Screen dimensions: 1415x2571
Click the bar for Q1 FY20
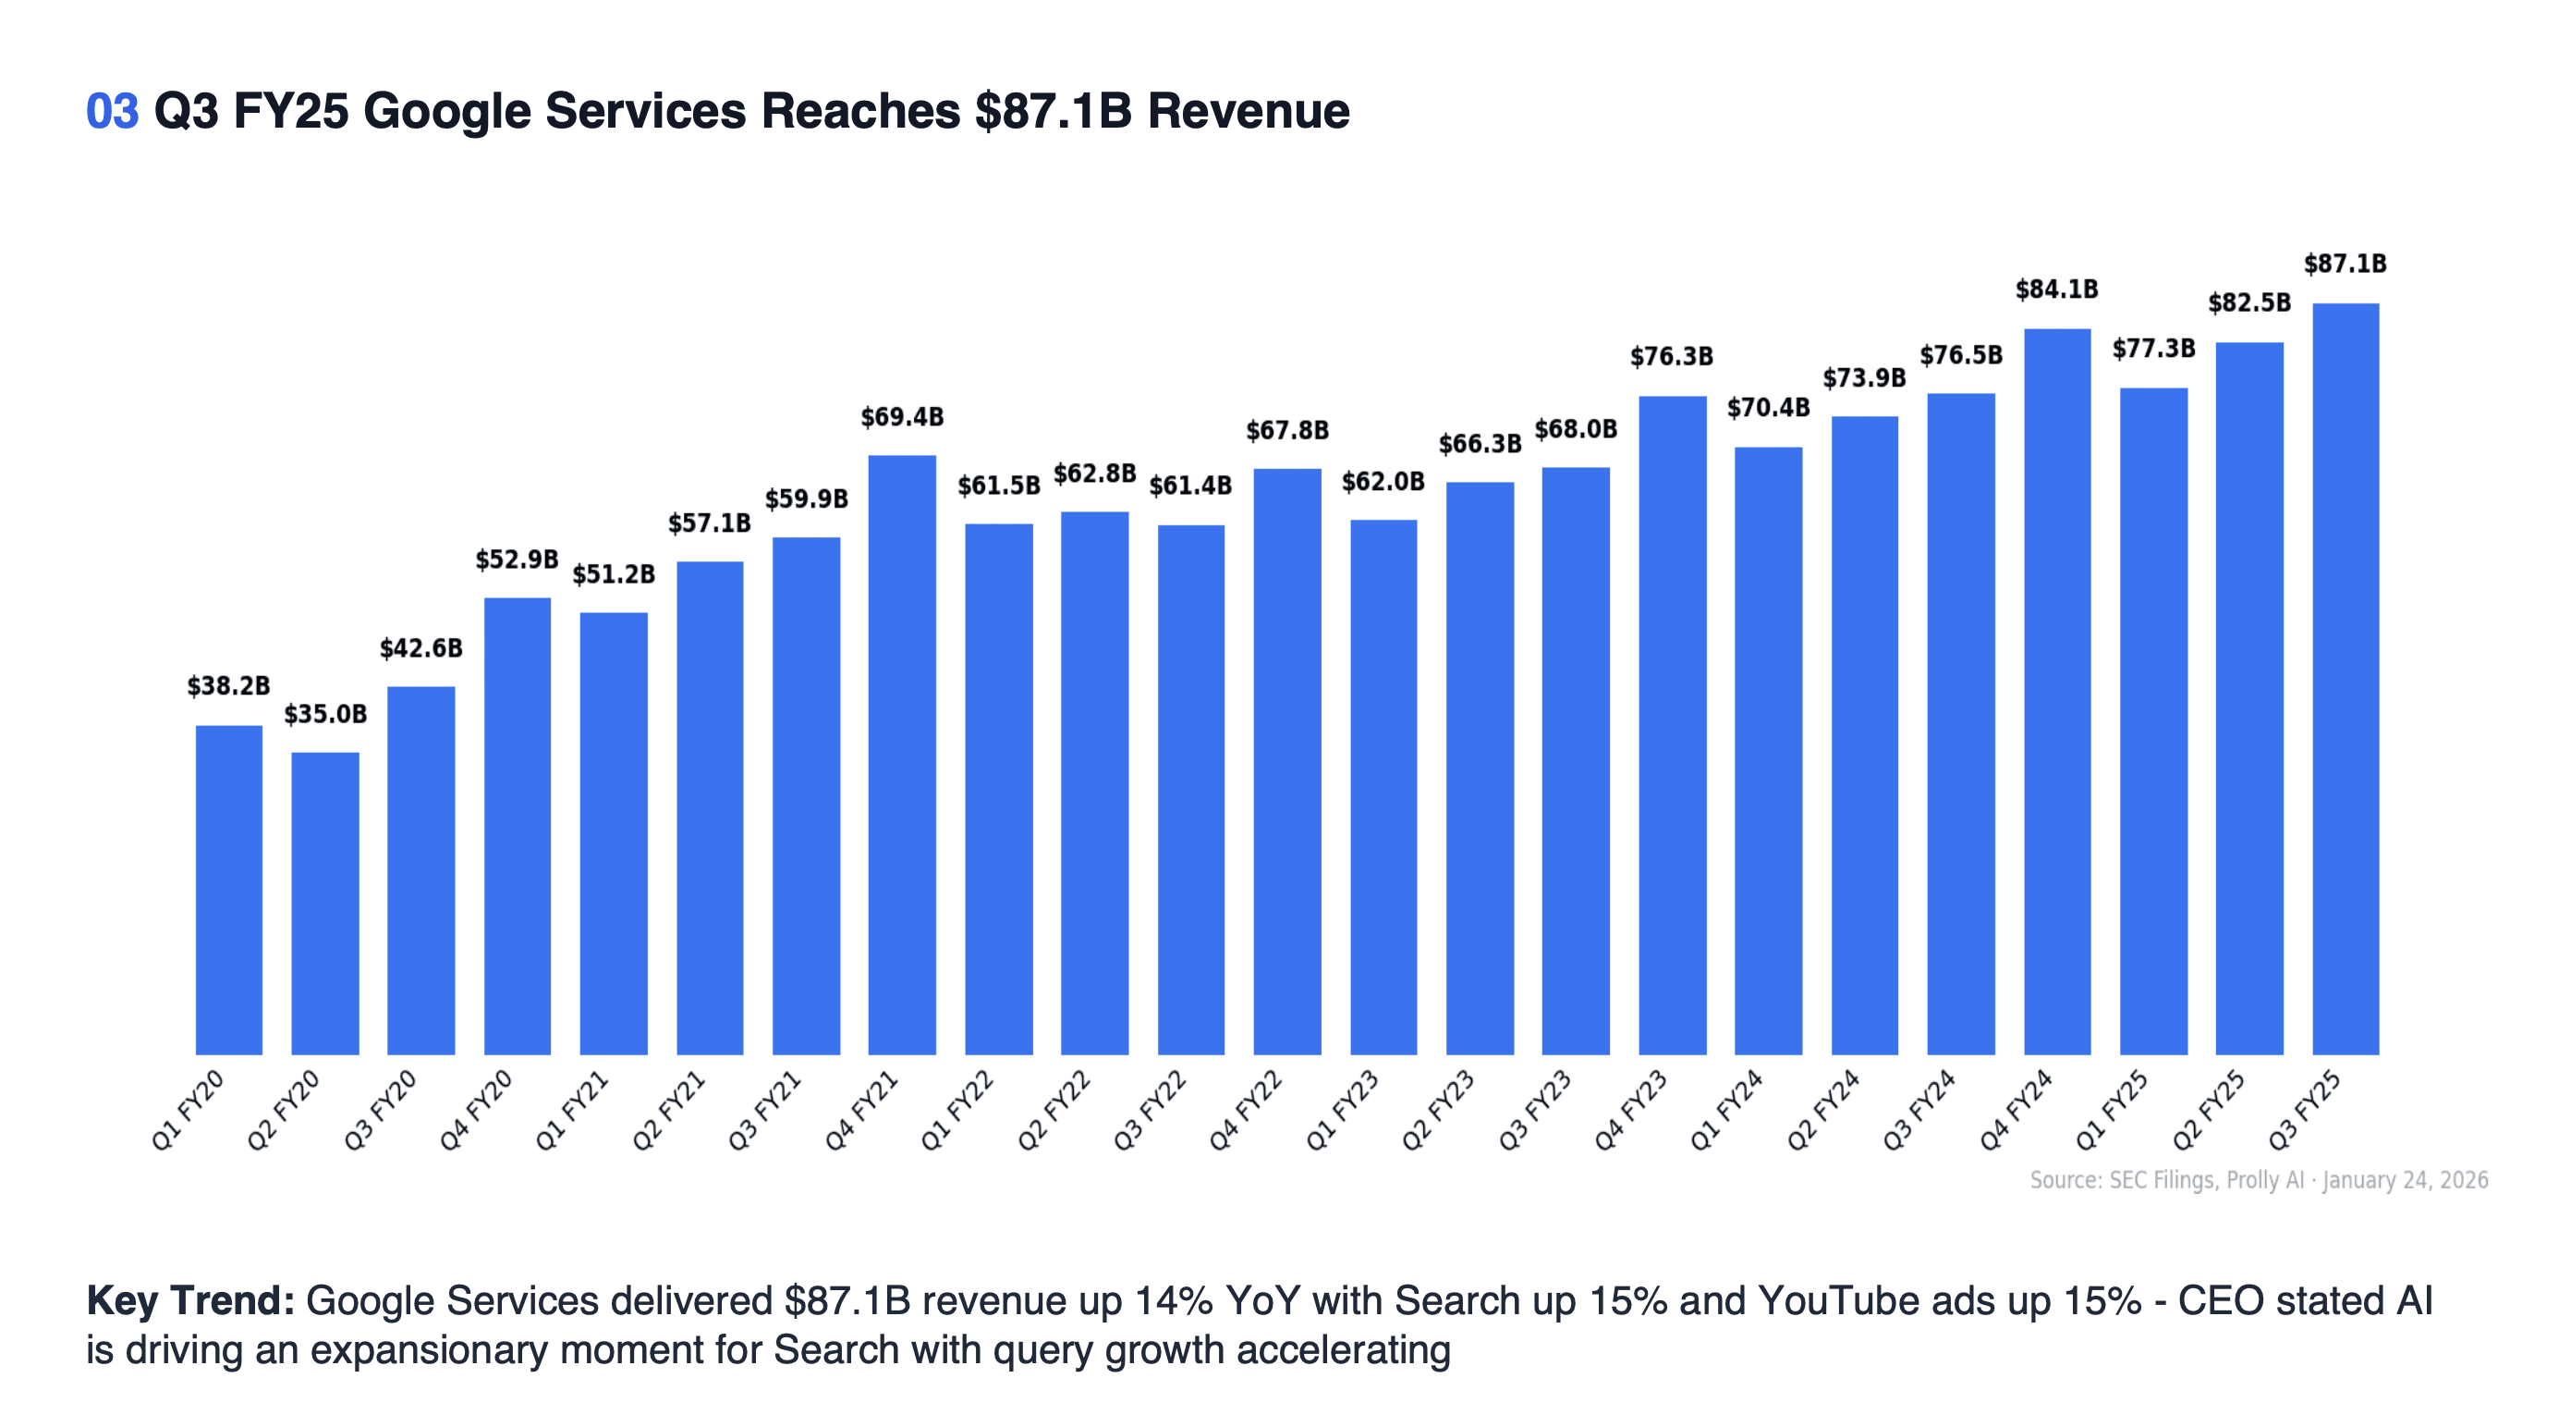tap(228, 889)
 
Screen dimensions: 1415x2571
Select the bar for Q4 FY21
tap(901, 754)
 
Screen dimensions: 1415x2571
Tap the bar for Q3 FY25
tap(2345, 678)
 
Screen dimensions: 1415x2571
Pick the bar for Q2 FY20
tap(324, 903)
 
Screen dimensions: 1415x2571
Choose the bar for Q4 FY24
tap(2056, 691)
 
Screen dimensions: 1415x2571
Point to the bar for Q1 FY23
tap(1383, 787)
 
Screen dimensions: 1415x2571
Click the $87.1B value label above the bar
tap(2345, 264)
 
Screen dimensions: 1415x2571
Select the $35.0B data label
tap(324, 714)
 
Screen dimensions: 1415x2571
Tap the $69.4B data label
tap(901, 416)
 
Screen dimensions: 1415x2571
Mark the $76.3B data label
tap(1671, 356)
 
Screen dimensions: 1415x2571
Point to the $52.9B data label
tap(516, 560)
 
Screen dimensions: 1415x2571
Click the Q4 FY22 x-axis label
tap(1246, 1110)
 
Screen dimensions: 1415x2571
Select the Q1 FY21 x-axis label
tap(572, 1110)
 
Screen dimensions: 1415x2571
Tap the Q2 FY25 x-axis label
tap(2208, 1110)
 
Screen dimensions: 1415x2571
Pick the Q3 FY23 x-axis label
tap(1534, 1110)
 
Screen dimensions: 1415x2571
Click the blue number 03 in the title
tap(112, 111)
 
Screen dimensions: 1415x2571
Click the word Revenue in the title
tap(1248, 111)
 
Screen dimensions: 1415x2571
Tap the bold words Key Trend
tap(189, 1300)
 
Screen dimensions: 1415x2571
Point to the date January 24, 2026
tap(2405, 1179)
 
